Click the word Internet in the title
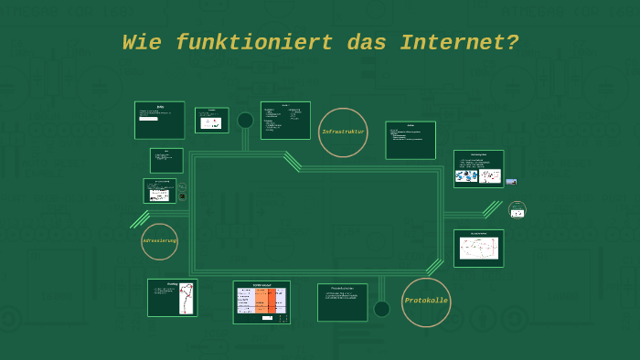tap(459, 43)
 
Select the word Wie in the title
tap(143, 43)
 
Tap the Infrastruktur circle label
tap(343, 132)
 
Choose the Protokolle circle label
tap(426, 302)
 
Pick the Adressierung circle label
tap(159, 241)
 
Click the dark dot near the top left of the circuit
tap(245, 121)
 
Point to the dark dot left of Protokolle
tap(382, 309)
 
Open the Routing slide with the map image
tap(172, 298)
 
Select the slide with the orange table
tap(261, 302)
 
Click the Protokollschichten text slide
tap(342, 302)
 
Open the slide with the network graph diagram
tap(478, 248)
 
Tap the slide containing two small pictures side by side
tap(478, 169)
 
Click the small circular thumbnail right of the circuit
tap(517, 210)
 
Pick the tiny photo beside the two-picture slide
tap(511, 182)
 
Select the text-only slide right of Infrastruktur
tap(411, 140)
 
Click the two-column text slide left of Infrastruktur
tap(285, 120)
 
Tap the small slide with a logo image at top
tap(211, 120)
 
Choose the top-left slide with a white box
tap(159, 120)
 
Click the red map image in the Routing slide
tap(187, 298)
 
